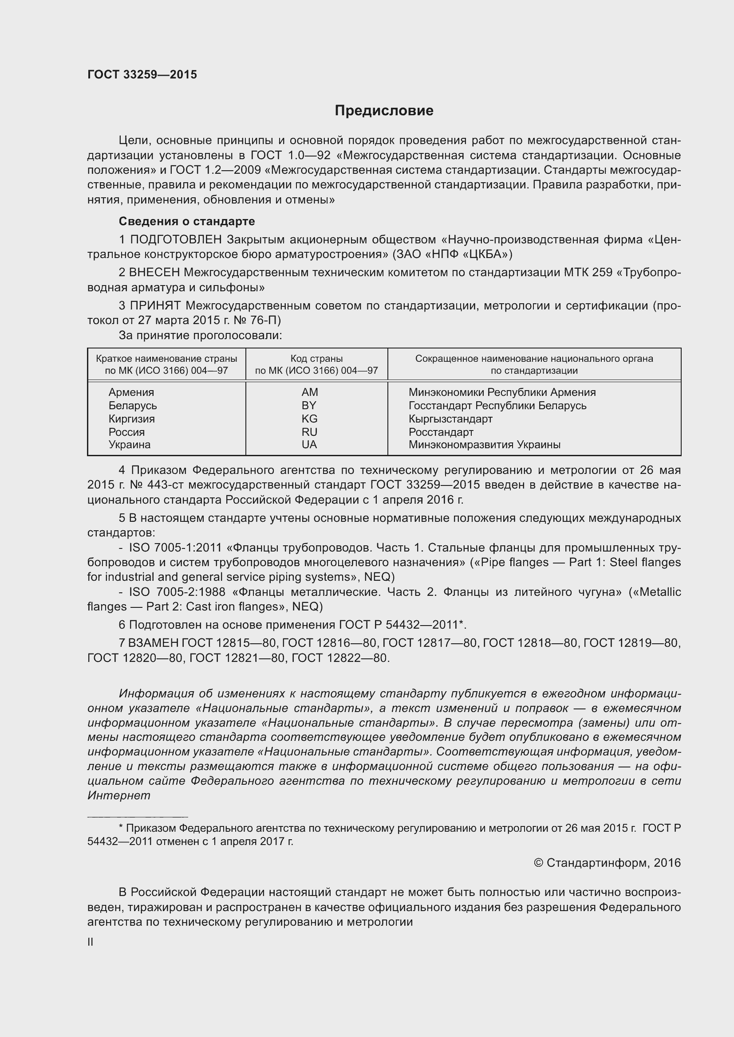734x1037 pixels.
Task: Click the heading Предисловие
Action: click(x=384, y=111)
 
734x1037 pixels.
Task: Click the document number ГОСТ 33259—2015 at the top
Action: click(x=142, y=74)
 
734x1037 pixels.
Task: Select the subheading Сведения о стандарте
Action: click(x=187, y=221)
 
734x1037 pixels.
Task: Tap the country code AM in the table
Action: click(x=310, y=392)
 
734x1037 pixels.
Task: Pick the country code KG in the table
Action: click(x=310, y=419)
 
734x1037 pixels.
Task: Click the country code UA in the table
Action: click(x=310, y=444)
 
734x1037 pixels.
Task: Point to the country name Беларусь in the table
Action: click(x=132, y=406)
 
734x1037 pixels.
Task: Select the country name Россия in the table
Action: click(x=126, y=432)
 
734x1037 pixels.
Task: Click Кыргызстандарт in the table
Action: click(x=450, y=419)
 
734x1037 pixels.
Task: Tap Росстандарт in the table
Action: click(x=441, y=432)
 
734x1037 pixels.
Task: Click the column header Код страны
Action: click(x=316, y=359)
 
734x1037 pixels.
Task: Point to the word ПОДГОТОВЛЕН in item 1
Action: click(x=176, y=239)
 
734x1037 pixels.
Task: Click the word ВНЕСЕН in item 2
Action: click(x=154, y=272)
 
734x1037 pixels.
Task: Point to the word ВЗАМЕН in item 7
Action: click(x=154, y=643)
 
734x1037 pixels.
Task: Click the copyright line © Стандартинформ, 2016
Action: click(x=607, y=863)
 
